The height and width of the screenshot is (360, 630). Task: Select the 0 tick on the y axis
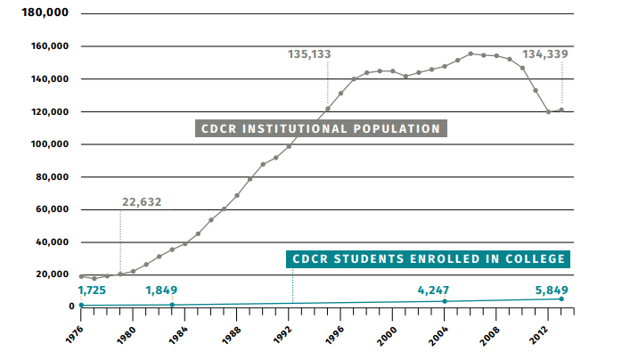coord(70,307)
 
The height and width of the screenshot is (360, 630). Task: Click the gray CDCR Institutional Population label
coord(321,128)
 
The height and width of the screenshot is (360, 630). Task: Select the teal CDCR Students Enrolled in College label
coord(428,259)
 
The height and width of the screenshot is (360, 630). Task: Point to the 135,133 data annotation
coord(309,54)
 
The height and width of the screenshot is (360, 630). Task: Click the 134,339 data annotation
coord(545,54)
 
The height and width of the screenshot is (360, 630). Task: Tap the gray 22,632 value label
coord(142,202)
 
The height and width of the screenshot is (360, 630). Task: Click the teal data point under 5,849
coord(561,299)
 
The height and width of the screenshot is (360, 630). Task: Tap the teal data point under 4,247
coord(445,301)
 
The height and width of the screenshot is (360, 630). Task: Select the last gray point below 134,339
coord(561,110)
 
